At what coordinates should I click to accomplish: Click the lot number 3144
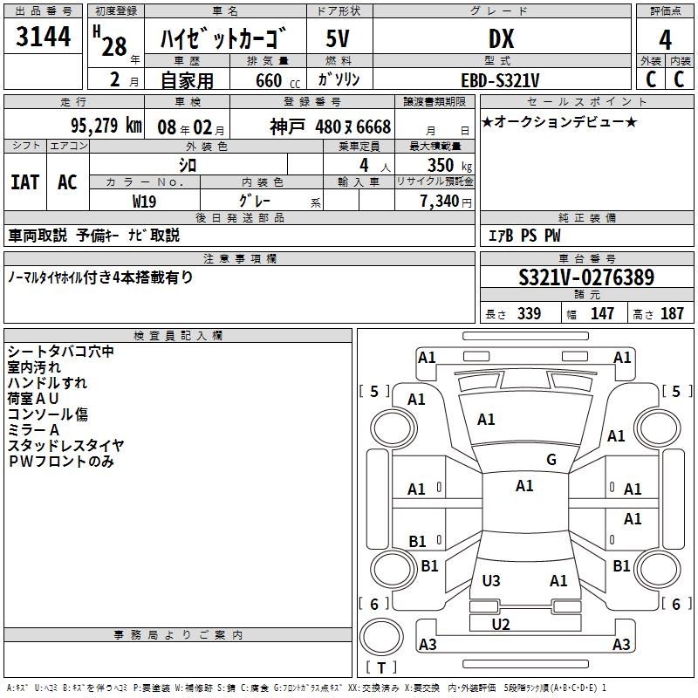44,38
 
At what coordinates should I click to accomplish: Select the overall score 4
665,40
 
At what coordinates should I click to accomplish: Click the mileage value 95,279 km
106,126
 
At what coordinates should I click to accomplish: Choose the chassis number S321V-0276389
585,278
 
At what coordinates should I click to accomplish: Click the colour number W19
144,201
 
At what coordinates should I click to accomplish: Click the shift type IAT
24,182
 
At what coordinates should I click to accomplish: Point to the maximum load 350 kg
448,165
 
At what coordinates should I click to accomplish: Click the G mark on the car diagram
551,460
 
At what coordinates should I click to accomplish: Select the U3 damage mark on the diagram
491,580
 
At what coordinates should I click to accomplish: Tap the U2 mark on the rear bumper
500,624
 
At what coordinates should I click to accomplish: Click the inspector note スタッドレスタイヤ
65,446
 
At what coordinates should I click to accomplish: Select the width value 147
602,314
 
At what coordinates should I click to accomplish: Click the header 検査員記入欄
178,336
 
